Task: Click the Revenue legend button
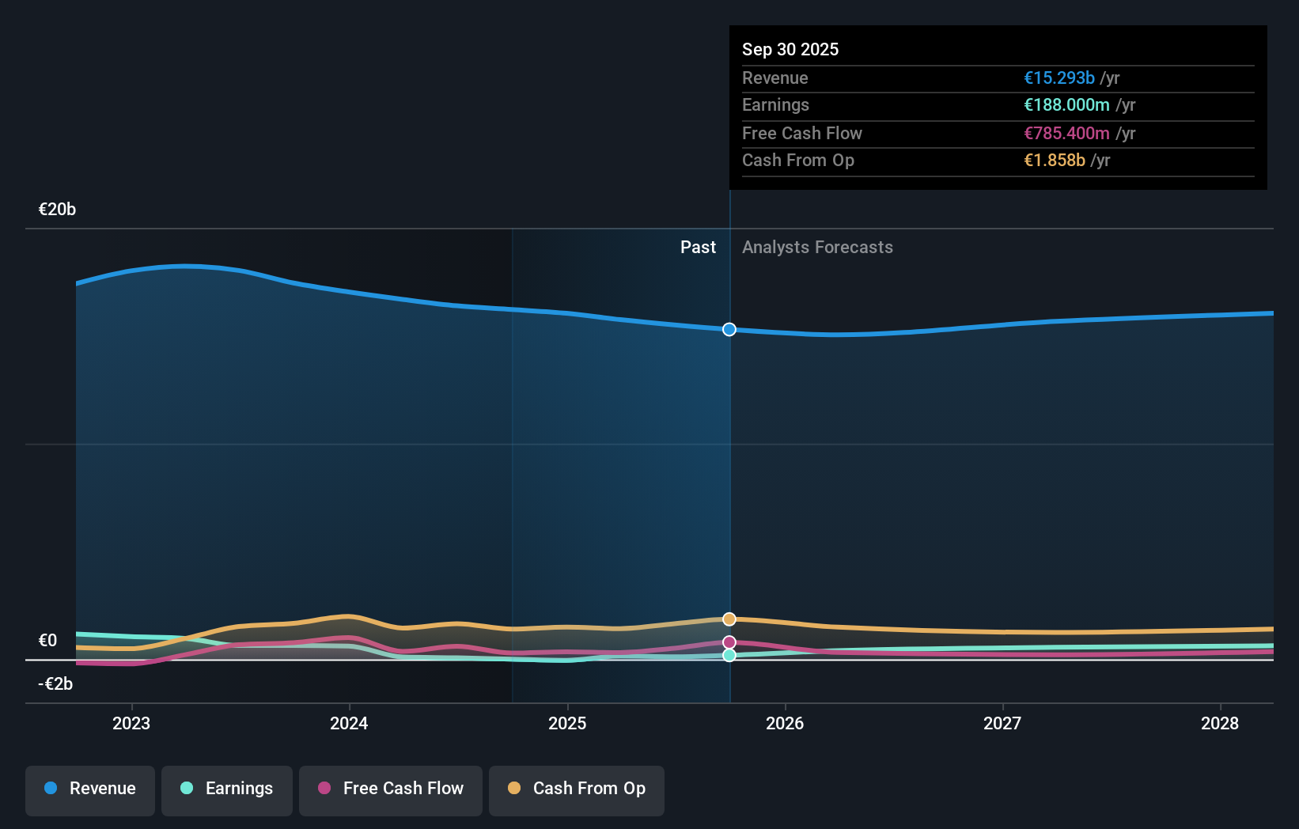tap(90, 789)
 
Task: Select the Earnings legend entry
tap(227, 789)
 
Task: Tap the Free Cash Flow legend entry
tap(391, 789)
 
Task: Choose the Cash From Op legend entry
tap(577, 789)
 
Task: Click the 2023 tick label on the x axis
tap(131, 724)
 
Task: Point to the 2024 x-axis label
tap(349, 724)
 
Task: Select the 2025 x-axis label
tap(567, 724)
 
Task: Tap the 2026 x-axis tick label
tap(785, 724)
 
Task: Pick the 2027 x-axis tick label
tap(1002, 724)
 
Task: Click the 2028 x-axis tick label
tap(1220, 724)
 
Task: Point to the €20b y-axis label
tap(57, 210)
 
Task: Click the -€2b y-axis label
tap(55, 684)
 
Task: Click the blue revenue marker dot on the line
tap(729, 329)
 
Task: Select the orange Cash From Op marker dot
tap(729, 619)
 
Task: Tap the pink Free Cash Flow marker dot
tap(729, 642)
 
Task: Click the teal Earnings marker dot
tap(729, 655)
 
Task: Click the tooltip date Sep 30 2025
tap(790, 50)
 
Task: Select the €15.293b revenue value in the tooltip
tap(1059, 78)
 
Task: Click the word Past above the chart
tap(698, 248)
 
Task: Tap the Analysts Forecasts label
tap(817, 248)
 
